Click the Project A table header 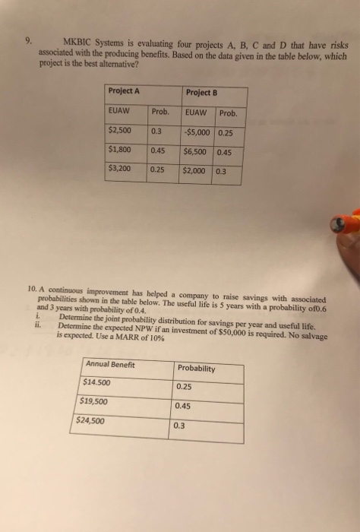pos(125,92)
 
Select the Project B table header pos(201,93)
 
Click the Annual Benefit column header pos(110,365)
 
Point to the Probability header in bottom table pos(196,369)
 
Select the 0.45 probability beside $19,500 pos(183,406)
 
